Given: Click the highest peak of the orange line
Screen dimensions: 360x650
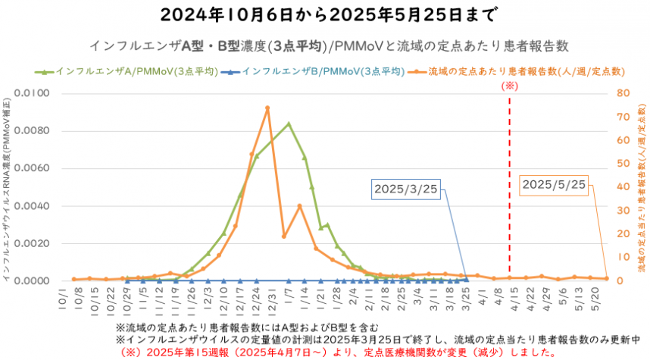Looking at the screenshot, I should tap(267, 108).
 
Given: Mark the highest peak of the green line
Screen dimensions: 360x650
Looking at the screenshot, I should tap(289, 124).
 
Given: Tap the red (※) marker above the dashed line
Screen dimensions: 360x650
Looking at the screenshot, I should tap(510, 87).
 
